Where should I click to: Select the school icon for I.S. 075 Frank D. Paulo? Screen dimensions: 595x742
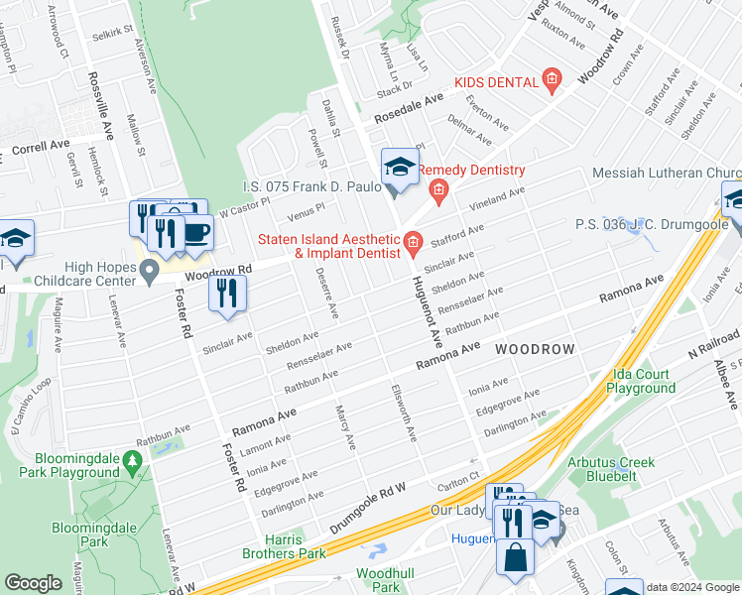[400, 167]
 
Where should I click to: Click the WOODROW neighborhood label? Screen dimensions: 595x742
[535, 350]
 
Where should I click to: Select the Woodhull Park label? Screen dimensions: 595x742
[378, 581]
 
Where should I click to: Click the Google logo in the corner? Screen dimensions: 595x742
[34, 582]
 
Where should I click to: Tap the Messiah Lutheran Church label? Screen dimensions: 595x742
[666, 173]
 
